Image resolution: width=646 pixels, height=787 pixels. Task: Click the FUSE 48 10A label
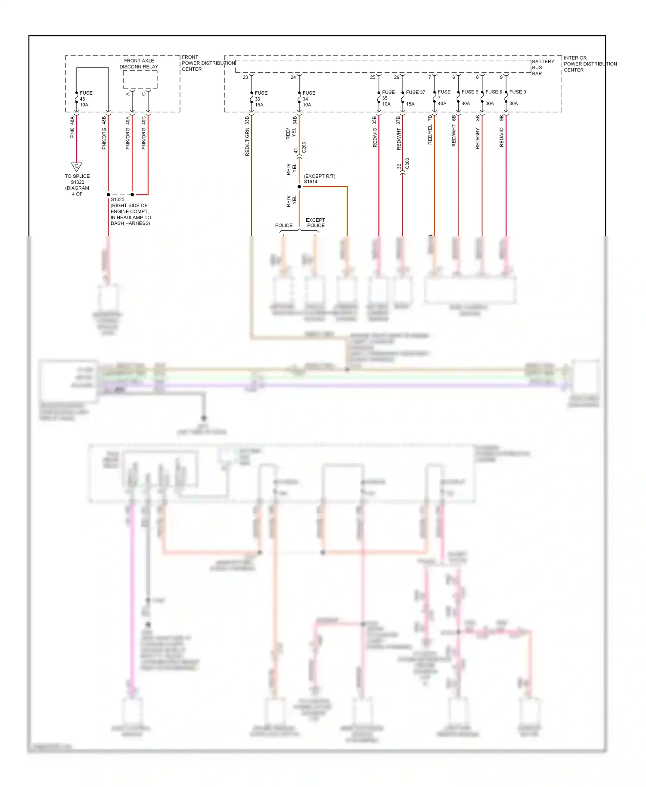[85, 99]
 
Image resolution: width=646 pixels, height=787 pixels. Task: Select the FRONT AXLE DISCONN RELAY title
[139, 64]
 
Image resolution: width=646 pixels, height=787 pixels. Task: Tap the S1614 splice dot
[299, 186]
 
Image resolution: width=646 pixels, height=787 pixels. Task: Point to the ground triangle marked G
[77, 167]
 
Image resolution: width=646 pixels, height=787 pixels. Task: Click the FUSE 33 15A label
[260, 99]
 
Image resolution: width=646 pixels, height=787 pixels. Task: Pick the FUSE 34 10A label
[308, 99]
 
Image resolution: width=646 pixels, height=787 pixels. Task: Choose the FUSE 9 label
[517, 92]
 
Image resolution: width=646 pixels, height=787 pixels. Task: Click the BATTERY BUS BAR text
[543, 68]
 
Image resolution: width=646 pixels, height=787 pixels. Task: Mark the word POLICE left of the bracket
[284, 225]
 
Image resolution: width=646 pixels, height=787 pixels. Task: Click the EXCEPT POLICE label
[316, 223]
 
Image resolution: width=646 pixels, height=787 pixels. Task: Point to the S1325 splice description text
[130, 211]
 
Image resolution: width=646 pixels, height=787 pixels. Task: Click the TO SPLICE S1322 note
[78, 185]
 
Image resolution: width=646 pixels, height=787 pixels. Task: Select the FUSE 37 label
[415, 92]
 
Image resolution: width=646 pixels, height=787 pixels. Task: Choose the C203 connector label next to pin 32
[407, 164]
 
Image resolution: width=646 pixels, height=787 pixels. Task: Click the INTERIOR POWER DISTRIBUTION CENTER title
[590, 64]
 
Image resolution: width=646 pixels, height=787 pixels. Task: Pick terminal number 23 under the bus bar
[245, 77]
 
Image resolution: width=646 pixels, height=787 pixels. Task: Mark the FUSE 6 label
[469, 92]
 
